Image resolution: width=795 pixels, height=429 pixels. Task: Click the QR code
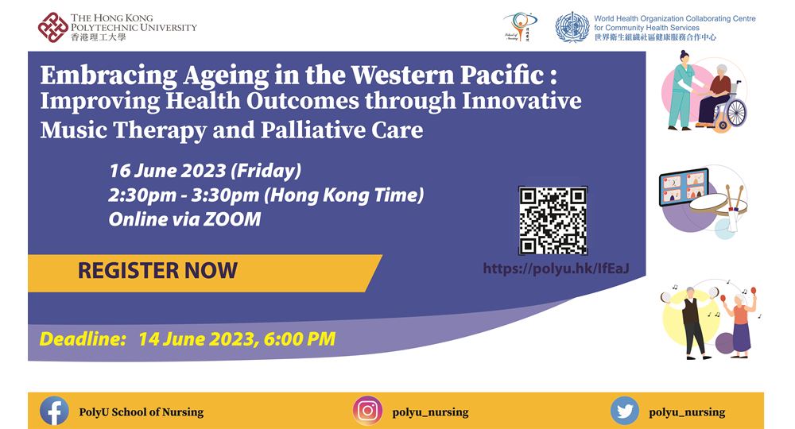pos(553,220)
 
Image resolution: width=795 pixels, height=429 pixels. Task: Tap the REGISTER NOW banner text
pos(157,270)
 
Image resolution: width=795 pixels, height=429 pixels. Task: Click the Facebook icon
pos(54,411)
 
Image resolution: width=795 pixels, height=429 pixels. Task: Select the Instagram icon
pos(367,411)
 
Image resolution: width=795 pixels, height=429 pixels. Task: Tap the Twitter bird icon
pos(625,411)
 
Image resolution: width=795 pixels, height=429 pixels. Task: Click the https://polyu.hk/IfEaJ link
pos(556,269)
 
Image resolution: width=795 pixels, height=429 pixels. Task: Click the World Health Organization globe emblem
pos(572,26)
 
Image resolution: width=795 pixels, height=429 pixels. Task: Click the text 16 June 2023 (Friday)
pos(205,170)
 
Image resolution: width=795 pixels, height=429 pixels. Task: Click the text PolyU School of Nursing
pos(141,412)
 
